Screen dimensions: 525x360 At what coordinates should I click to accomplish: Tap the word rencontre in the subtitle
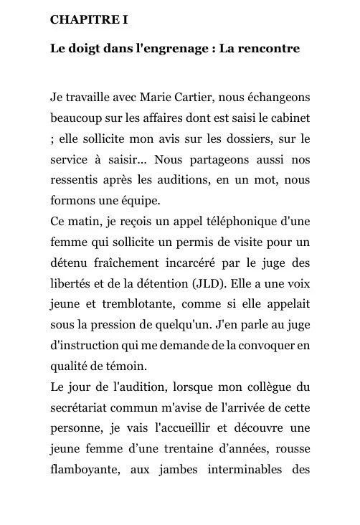pyautogui.click(x=266, y=49)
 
